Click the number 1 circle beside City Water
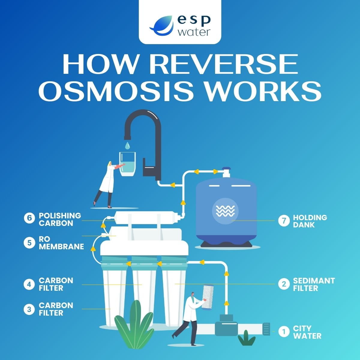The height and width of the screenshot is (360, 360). click(283, 332)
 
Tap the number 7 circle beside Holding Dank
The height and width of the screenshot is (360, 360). click(283, 221)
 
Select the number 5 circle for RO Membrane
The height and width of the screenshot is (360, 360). click(29, 243)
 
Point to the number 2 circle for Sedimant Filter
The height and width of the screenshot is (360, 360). click(283, 284)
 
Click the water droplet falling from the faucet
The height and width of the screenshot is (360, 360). click(127, 146)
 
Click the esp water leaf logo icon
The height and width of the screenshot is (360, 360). click(161, 25)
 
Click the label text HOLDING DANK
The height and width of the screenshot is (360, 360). click(310, 221)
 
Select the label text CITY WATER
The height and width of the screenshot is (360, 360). click(307, 332)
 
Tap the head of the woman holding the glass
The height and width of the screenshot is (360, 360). click(110, 164)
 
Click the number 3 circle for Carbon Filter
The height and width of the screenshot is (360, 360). click(29, 309)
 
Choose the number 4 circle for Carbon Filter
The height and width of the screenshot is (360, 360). click(29, 284)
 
